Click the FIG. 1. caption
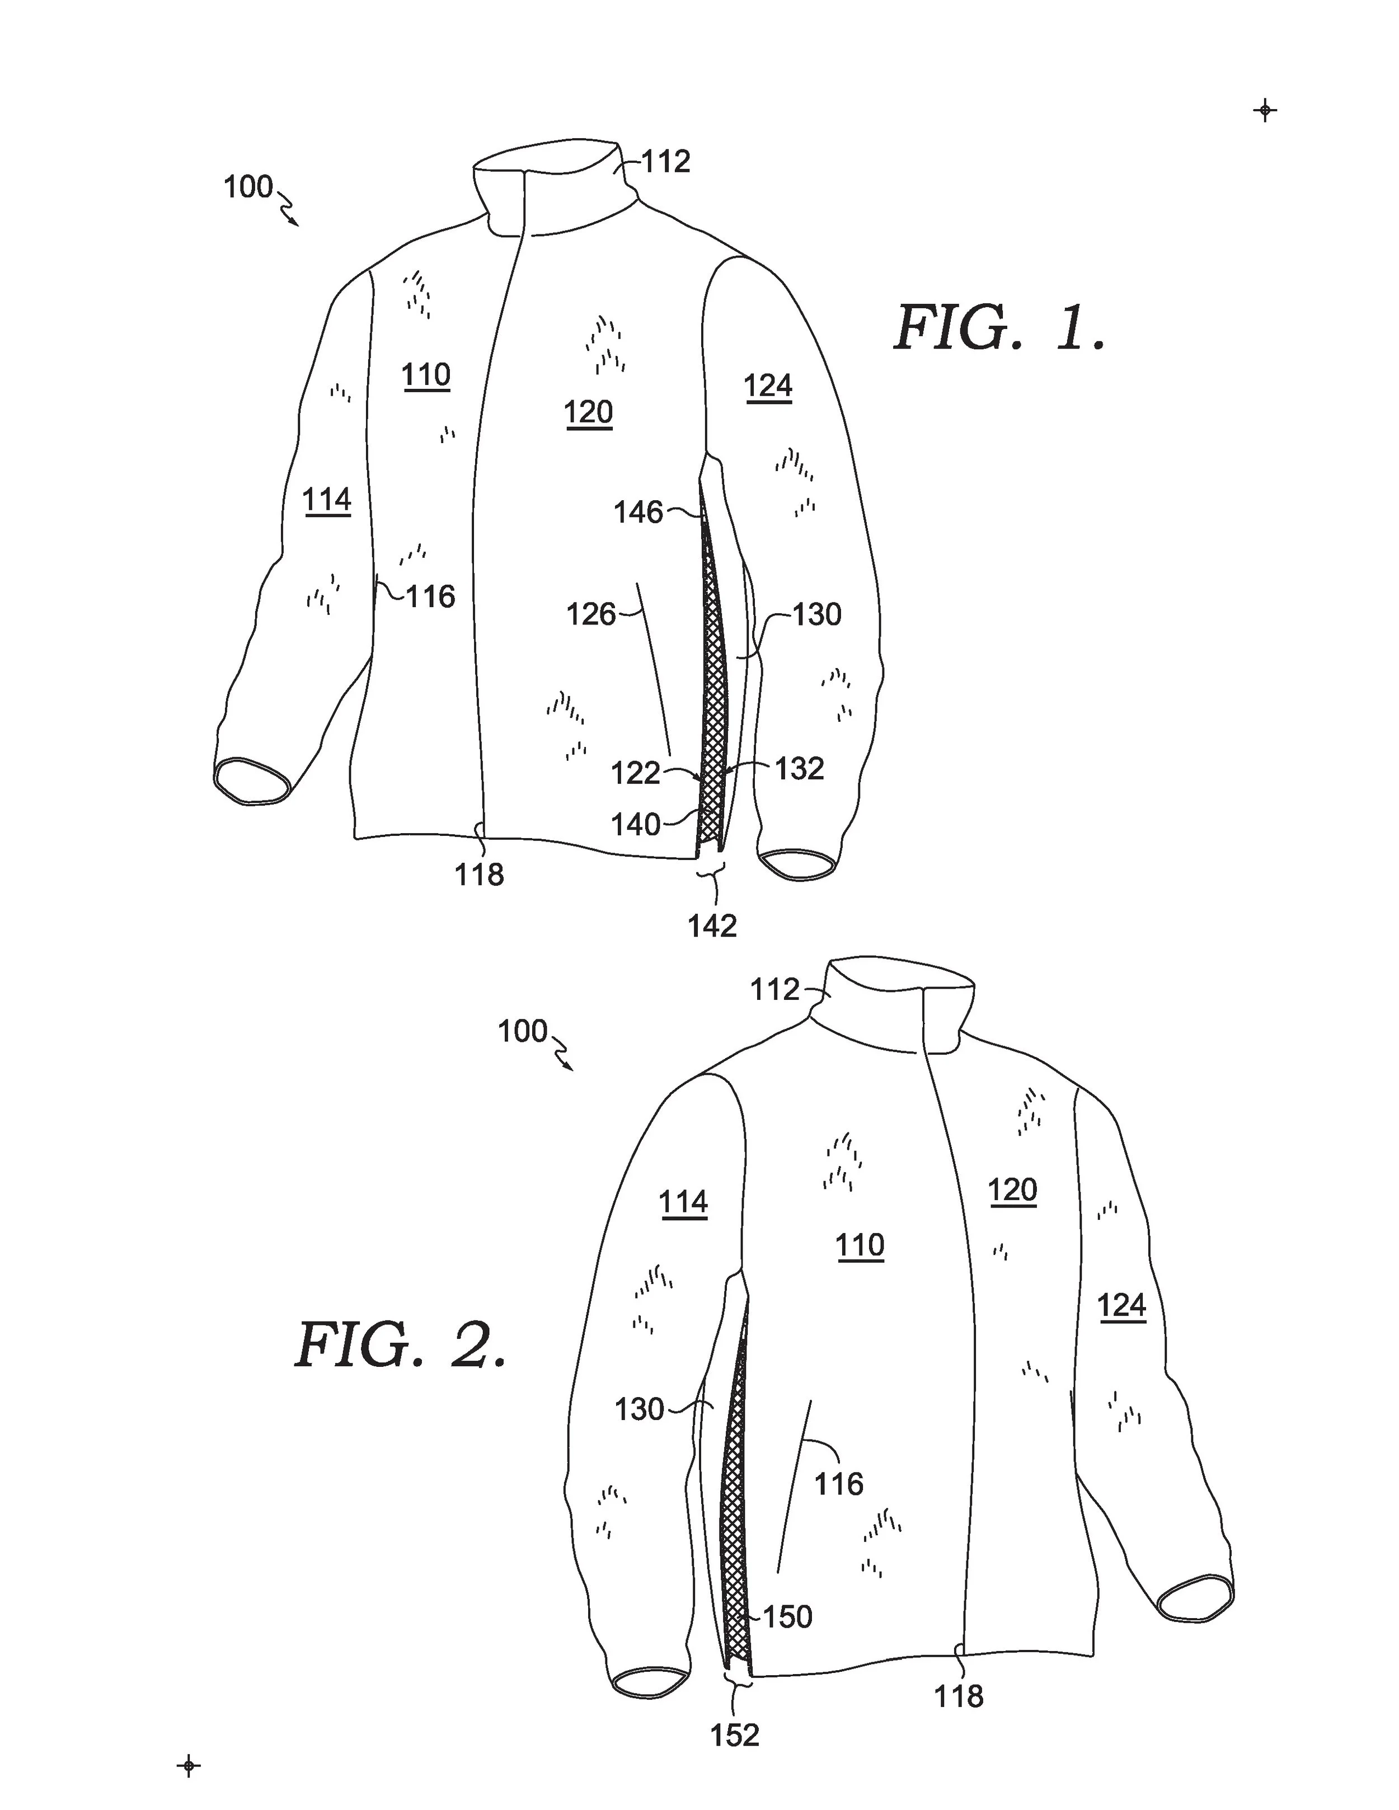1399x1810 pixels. click(999, 328)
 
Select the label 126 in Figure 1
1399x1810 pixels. click(590, 614)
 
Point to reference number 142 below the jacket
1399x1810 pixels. click(712, 926)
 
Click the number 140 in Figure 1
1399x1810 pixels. click(636, 825)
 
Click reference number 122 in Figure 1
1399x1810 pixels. click(636, 773)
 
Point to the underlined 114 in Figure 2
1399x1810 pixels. click(683, 1202)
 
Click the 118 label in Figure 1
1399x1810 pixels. click(479, 875)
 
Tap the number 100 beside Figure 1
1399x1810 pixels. click(248, 187)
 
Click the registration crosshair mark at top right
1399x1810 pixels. click(1265, 110)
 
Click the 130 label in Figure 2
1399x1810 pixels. click(639, 1409)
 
